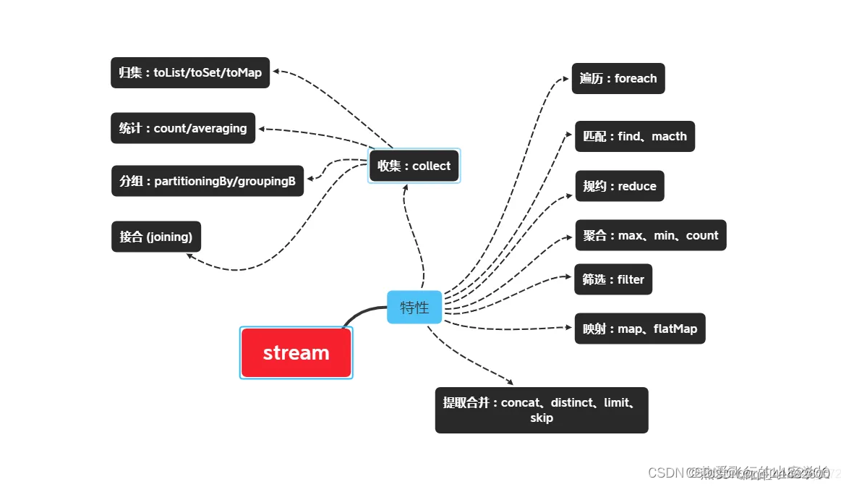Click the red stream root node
tap(296, 352)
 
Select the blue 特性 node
tap(414, 307)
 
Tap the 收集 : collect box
tap(414, 166)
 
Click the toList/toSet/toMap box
tap(190, 72)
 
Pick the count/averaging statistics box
tap(183, 128)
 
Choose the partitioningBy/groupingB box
tap(207, 181)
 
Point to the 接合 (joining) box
tap(156, 237)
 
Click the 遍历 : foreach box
tap(618, 78)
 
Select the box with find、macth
tap(634, 136)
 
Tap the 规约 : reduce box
tap(619, 186)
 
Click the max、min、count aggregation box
tap(650, 235)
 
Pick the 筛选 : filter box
tap(613, 279)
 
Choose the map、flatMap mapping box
tap(639, 329)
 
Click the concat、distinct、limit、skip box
tap(541, 410)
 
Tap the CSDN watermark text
tap(666, 473)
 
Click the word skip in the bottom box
tap(541, 418)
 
